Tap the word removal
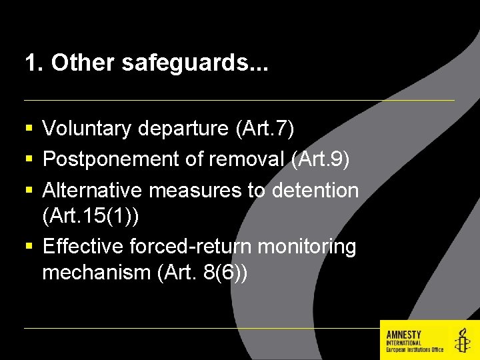249,160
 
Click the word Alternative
93,191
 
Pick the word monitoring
307,247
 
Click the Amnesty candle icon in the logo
461,341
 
